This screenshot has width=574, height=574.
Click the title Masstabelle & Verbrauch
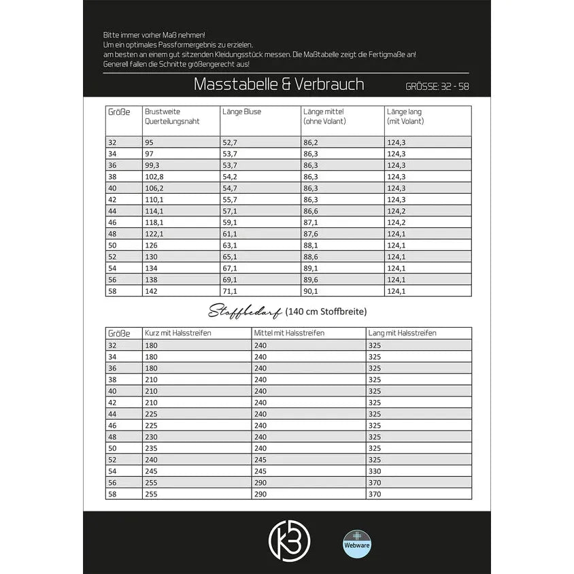(x=279, y=84)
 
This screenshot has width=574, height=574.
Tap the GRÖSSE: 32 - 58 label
(x=437, y=86)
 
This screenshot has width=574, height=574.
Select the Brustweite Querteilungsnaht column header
(x=163, y=116)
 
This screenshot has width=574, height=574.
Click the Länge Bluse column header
(x=241, y=112)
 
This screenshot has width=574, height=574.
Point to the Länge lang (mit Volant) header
(x=405, y=116)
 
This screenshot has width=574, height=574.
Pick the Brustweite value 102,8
(x=154, y=176)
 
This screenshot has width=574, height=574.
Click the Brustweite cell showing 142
(x=150, y=291)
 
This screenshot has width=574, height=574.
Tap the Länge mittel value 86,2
(x=311, y=141)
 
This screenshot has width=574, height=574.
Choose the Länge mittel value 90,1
(x=311, y=291)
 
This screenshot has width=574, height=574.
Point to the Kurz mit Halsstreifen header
(x=178, y=333)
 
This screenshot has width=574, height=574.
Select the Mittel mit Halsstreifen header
(x=289, y=333)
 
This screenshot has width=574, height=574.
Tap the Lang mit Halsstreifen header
(x=402, y=333)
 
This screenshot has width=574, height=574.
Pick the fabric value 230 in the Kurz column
(x=152, y=437)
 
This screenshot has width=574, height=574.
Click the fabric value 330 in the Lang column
(x=375, y=471)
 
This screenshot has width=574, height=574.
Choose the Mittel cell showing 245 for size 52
(x=261, y=460)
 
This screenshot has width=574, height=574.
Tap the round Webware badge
(x=358, y=543)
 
